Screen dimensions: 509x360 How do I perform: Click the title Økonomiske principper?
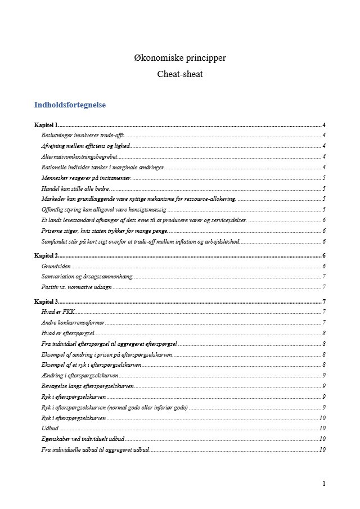(x=179, y=58)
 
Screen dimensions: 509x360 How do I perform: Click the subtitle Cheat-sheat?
(x=179, y=74)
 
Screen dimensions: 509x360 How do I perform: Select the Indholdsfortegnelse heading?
(x=70, y=105)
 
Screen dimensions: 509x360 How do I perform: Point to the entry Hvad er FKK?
(x=58, y=312)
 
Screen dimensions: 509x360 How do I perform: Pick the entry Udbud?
(x=50, y=428)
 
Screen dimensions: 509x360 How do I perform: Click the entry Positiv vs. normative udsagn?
(x=76, y=287)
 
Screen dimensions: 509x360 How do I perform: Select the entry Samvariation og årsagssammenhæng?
(x=87, y=276)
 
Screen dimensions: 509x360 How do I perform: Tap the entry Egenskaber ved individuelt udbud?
(x=82, y=439)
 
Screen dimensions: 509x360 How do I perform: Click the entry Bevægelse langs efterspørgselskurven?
(x=88, y=386)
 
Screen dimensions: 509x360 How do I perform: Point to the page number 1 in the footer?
(x=324, y=484)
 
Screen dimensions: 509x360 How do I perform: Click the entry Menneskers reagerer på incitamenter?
(x=86, y=178)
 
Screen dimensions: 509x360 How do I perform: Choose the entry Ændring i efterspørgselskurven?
(x=79, y=375)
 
